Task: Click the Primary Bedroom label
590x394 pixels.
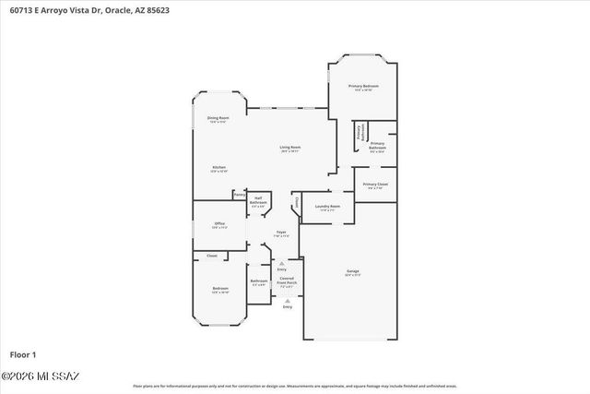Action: (x=363, y=87)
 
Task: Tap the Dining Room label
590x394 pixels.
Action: (x=218, y=119)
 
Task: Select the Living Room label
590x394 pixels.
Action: (x=290, y=148)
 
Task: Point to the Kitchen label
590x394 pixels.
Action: (x=218, y=168)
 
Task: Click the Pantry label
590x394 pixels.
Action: (x=239, y=195)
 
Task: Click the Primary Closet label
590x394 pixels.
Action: (x=375, y=185)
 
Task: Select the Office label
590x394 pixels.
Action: (x=219, y=224)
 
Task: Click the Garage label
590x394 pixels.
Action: (x=352, y=272)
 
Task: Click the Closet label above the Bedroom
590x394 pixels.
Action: (x=212, y=256)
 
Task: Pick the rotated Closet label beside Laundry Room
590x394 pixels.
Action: (x=297, y=202)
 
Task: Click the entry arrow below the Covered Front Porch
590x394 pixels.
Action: (x=288, y=301)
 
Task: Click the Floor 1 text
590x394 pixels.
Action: (x=22, y=354)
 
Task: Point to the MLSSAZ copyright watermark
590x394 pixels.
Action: (x=41, y=376)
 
